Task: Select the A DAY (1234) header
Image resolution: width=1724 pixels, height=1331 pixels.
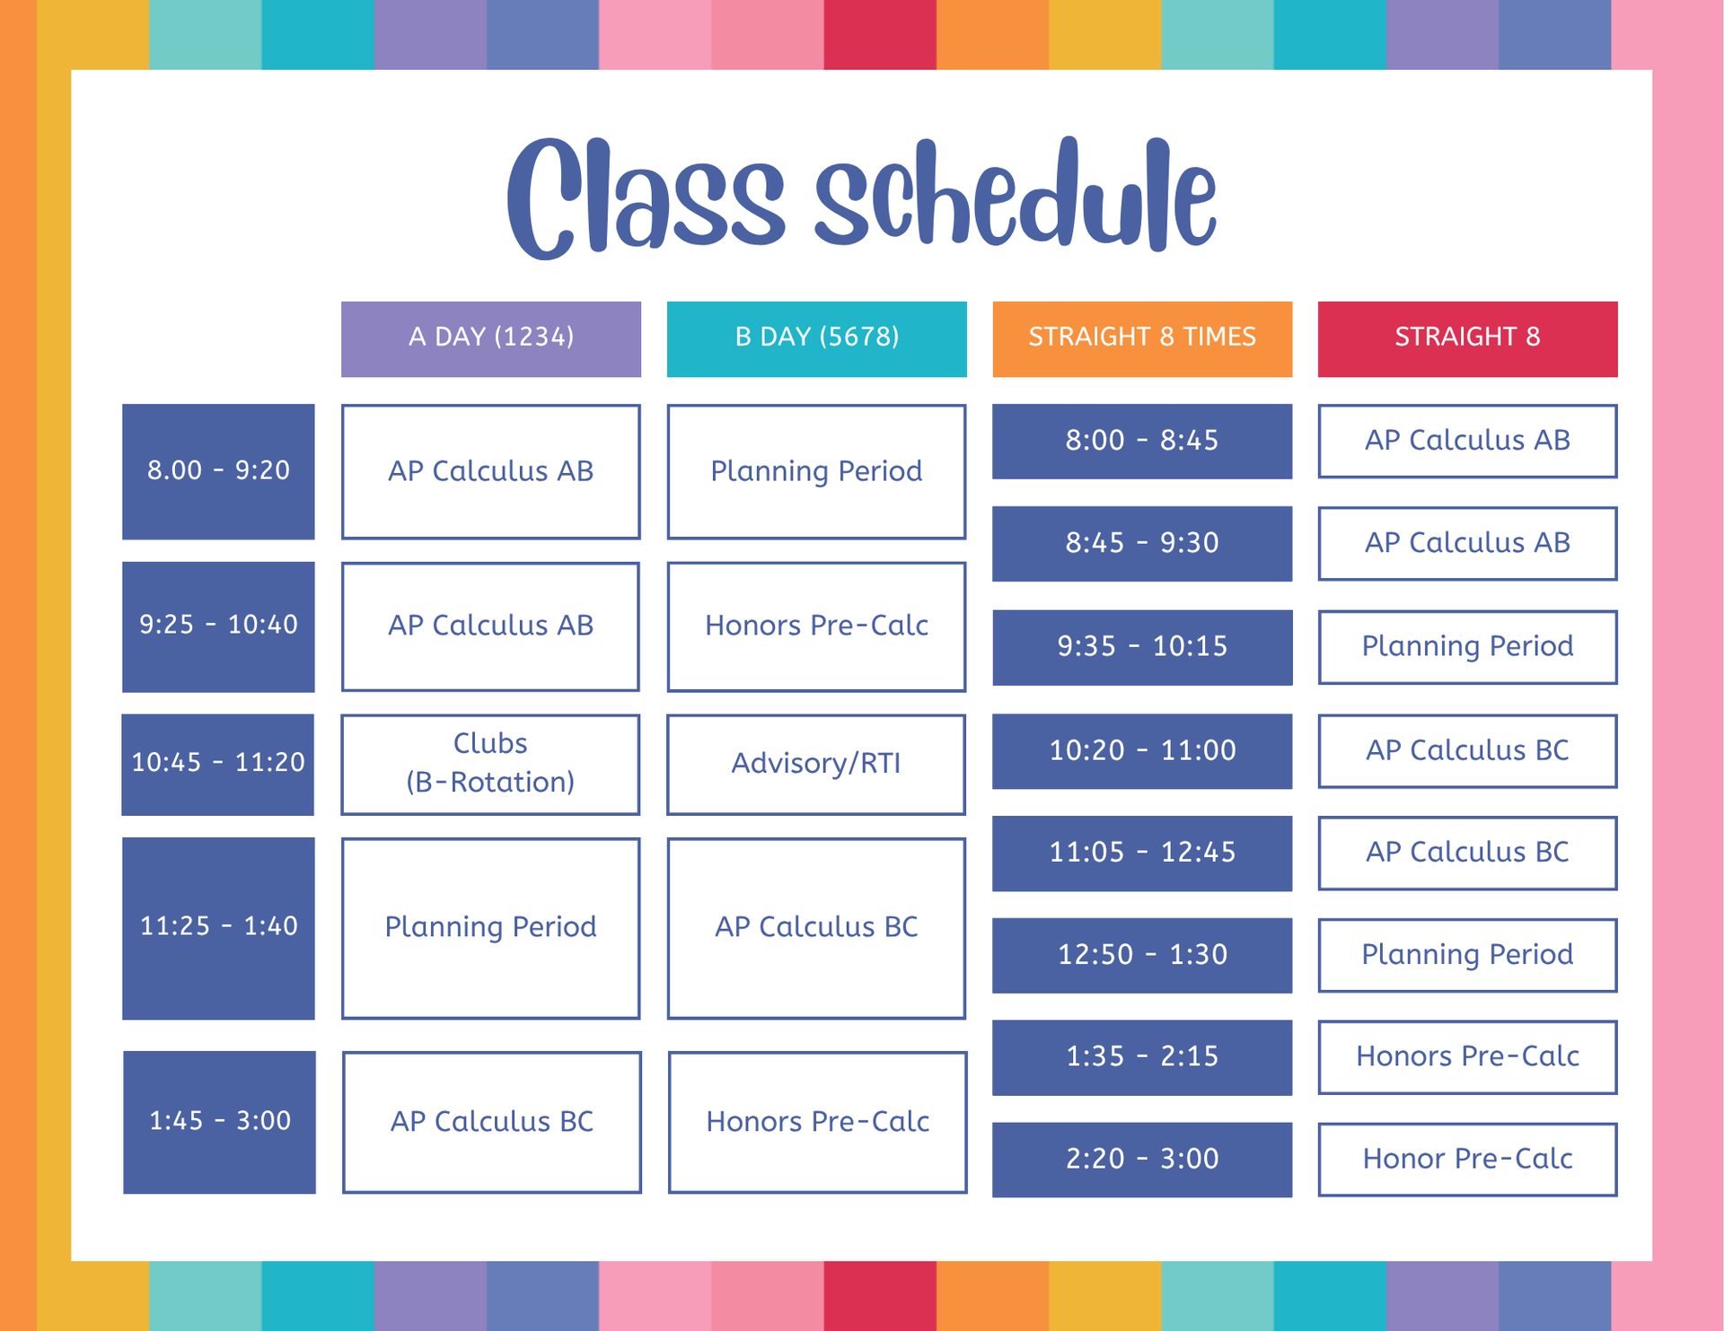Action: click(491, 338)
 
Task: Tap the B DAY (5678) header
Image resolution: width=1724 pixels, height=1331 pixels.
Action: click(817, 338)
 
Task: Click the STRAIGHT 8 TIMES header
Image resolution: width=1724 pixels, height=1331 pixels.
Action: click(1142, 338)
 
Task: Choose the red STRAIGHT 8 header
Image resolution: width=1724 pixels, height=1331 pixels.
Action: click(1468, 338)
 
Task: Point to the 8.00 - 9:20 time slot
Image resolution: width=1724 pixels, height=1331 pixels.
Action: click(218, 471)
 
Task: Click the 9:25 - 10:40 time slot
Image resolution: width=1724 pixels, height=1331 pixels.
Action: click(218, 626)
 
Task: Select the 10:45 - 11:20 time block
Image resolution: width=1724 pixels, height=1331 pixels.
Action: click(218, 765)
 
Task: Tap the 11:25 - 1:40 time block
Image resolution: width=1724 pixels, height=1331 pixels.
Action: click(218, 928)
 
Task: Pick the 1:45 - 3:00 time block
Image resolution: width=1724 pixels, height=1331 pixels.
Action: click(219, 1122)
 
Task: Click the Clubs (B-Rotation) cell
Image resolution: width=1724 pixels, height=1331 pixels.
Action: click(490, 765)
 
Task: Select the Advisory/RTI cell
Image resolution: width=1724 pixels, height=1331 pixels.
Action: click(816, 765)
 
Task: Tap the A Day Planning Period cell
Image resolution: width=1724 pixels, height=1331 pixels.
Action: click(490, 928)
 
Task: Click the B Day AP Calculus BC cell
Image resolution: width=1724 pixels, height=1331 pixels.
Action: click(816, 928)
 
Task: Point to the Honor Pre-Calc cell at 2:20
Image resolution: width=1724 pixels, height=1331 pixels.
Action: click(1468, 1160)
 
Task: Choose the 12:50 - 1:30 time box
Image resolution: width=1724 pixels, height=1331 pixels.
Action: click(1142, 955)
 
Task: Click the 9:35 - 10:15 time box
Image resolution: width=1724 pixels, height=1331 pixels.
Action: click(1142, 647)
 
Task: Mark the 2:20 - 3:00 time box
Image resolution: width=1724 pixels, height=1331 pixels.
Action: click(1142, 1160)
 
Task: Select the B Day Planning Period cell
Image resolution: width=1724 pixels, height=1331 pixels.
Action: click(816, 471)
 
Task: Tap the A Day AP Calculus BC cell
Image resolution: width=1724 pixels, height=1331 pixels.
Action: click(492, 1122)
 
